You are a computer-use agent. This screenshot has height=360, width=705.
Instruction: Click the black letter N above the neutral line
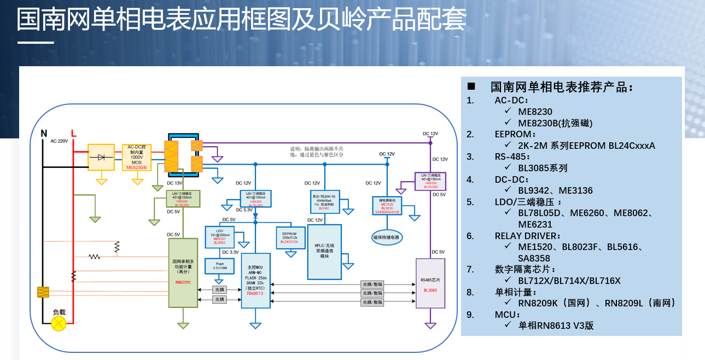pos(44,133)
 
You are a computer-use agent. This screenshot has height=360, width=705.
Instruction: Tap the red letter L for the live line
pos(74,133)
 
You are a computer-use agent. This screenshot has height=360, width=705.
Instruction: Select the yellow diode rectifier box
pos(101,157)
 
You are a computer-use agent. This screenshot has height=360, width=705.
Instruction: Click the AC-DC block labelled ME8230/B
pos(137,157)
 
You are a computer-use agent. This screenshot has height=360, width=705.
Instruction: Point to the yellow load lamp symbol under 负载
pos(59,324)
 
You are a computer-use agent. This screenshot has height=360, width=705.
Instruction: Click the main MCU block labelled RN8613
pos(255,281)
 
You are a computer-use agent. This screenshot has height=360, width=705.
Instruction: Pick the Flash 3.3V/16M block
pos(218,266)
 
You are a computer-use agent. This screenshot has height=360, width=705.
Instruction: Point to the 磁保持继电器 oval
pos(387,237)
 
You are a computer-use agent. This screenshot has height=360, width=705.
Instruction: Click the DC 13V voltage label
pos(174,183)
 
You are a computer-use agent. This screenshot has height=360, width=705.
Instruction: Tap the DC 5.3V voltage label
pos(244,210)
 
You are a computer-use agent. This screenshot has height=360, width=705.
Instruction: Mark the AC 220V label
pos(59,141)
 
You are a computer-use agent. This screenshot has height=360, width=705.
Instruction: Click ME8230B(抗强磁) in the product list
pos(555,123)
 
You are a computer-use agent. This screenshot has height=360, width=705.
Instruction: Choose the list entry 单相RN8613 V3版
pos(556,326)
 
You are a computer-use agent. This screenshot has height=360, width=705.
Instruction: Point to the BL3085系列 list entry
pos(543,168)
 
